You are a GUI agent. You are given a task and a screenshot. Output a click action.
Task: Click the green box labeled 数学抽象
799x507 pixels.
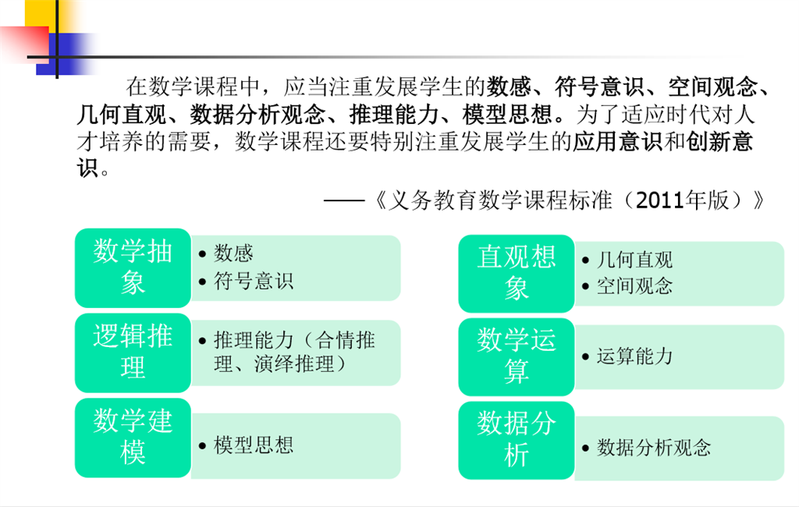[x=133, y=268]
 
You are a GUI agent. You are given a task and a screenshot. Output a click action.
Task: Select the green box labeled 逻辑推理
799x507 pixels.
[x=133, y=353]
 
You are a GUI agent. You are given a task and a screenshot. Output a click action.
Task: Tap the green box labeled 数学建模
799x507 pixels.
[x=133, y=438]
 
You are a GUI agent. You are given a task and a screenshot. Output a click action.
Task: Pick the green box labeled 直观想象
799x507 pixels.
[x=517, y=274]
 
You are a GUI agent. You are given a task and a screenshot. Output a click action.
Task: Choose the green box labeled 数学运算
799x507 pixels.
[x=517, y=357]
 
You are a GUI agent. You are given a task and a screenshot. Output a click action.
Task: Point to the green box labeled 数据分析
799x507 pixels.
[x=517, y=440]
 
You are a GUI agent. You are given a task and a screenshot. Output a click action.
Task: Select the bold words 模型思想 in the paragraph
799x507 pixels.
[x=507, y=115]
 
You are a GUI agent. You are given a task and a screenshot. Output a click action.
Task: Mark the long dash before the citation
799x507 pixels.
[x=344, y=200]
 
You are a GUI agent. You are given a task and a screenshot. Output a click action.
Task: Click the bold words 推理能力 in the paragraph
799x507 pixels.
[x=394, y=115]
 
